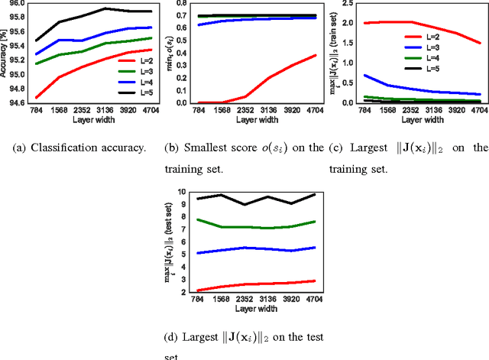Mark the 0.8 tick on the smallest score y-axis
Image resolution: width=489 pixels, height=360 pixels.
coord(177,4)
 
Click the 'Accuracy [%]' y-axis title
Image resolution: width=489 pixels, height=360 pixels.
coord(5,54)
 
